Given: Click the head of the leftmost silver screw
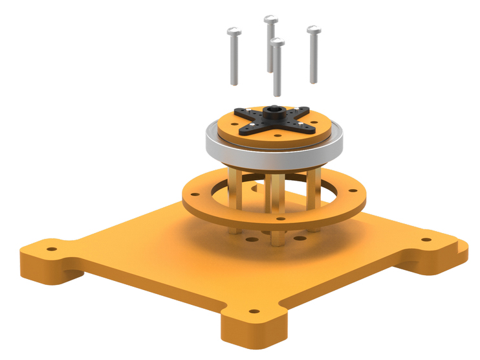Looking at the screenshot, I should [234, 31].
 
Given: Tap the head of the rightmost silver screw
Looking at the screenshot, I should [314, 30].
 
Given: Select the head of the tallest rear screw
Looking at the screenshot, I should [270, 19].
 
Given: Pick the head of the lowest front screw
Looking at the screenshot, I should [277, 43].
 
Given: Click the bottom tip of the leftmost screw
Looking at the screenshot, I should [234, 82].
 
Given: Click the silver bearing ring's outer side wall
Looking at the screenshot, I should [272, 154].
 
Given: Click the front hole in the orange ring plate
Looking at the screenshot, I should [280, 219].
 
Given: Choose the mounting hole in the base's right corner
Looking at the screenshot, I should [426, 240].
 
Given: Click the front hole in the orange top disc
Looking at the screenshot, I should [276, 137].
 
